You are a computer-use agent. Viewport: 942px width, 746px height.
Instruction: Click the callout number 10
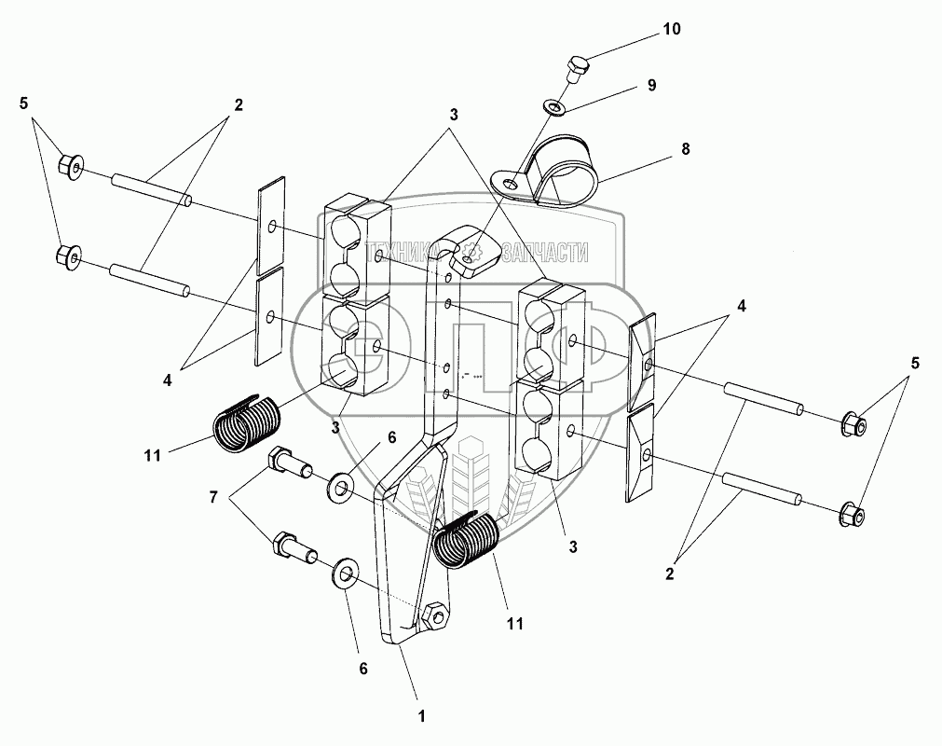[672, 30]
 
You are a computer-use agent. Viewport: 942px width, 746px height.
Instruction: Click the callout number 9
[651, 85]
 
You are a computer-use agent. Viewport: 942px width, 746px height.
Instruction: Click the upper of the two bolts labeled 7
[286, 463]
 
